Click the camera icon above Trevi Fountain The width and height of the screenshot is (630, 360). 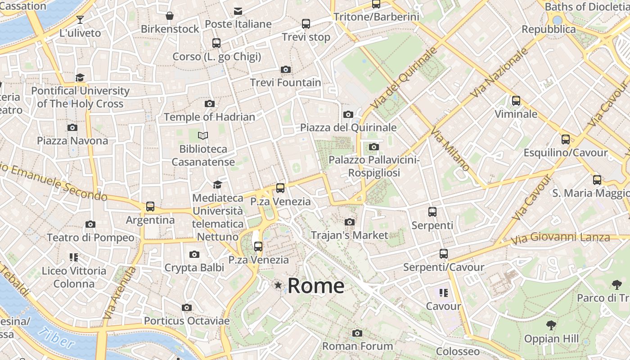pyautogui.click(x=285, y=70)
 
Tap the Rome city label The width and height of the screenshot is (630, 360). pyautogui.click(x=316, y=286)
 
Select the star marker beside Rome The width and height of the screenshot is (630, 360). pyautogui.click(x=279, y=285)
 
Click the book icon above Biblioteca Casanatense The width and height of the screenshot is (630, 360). pyautogui.click(x=203, y=135)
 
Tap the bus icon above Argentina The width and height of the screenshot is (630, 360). pyautogui.click(x=150, y=207)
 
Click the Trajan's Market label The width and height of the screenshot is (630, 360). pyautogui.click(x=349, y=235)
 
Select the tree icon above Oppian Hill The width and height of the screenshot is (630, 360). pyautogui.click(x=551, y=325)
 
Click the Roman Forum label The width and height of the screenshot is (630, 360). pyautogui.click(x=357, y=346)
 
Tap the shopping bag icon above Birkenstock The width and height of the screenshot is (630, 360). pyautogui.click(x=170, y=16)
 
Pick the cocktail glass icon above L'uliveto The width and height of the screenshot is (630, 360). pyautogui.click(x=80, y=19)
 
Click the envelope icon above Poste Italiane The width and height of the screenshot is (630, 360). pyautogui.click(x=238, y=11)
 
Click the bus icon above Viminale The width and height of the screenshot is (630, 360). pyautogui.click(x=516, y=101)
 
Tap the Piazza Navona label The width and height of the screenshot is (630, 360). pyautogui.click(x=72, y=141)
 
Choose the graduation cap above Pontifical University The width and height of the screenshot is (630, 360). pyautogui.click(x=80, y=77)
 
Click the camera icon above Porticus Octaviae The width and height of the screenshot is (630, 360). pyautogui.click(x=187, y=308)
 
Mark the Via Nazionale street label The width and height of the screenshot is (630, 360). pyautogui.click(x=499, y=72)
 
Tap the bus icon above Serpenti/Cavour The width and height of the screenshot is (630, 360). pyautogui.click(x=444, y=254)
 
